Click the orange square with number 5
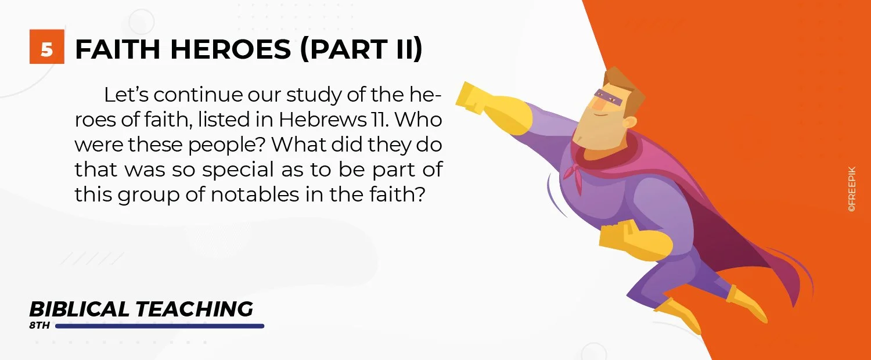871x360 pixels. click(46, 46)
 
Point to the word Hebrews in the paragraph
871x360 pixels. click(322, 120)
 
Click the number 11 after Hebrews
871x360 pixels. click(379, 120)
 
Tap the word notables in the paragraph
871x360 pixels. click(255, 195)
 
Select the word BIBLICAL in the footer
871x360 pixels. click(80, 309)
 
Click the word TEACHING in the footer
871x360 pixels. click(195, 309)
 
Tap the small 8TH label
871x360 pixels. click(39, 325)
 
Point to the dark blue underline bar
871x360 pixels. click(160, 326)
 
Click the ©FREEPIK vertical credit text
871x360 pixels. click(852, 189)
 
